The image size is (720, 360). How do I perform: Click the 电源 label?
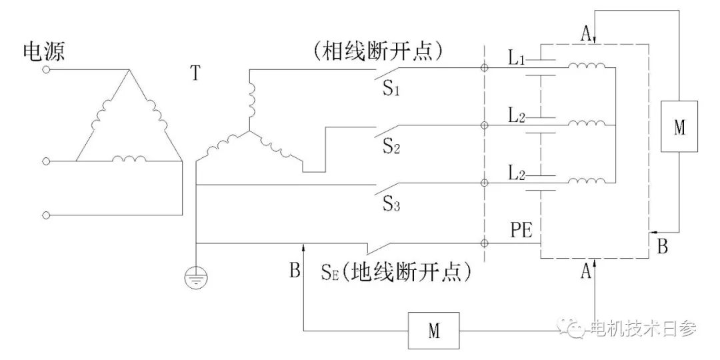44,52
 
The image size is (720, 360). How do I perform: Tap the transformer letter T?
195,73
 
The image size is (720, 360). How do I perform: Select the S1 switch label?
391,88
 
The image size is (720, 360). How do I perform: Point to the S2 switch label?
391,145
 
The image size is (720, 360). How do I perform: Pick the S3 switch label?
391,203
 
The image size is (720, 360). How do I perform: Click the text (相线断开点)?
377,51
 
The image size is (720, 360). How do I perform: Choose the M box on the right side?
679,127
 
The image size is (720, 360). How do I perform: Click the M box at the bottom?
434,330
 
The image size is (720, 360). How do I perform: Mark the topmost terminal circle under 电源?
46,69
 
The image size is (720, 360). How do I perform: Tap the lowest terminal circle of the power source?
46,215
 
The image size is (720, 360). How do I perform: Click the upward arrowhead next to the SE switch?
304,249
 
